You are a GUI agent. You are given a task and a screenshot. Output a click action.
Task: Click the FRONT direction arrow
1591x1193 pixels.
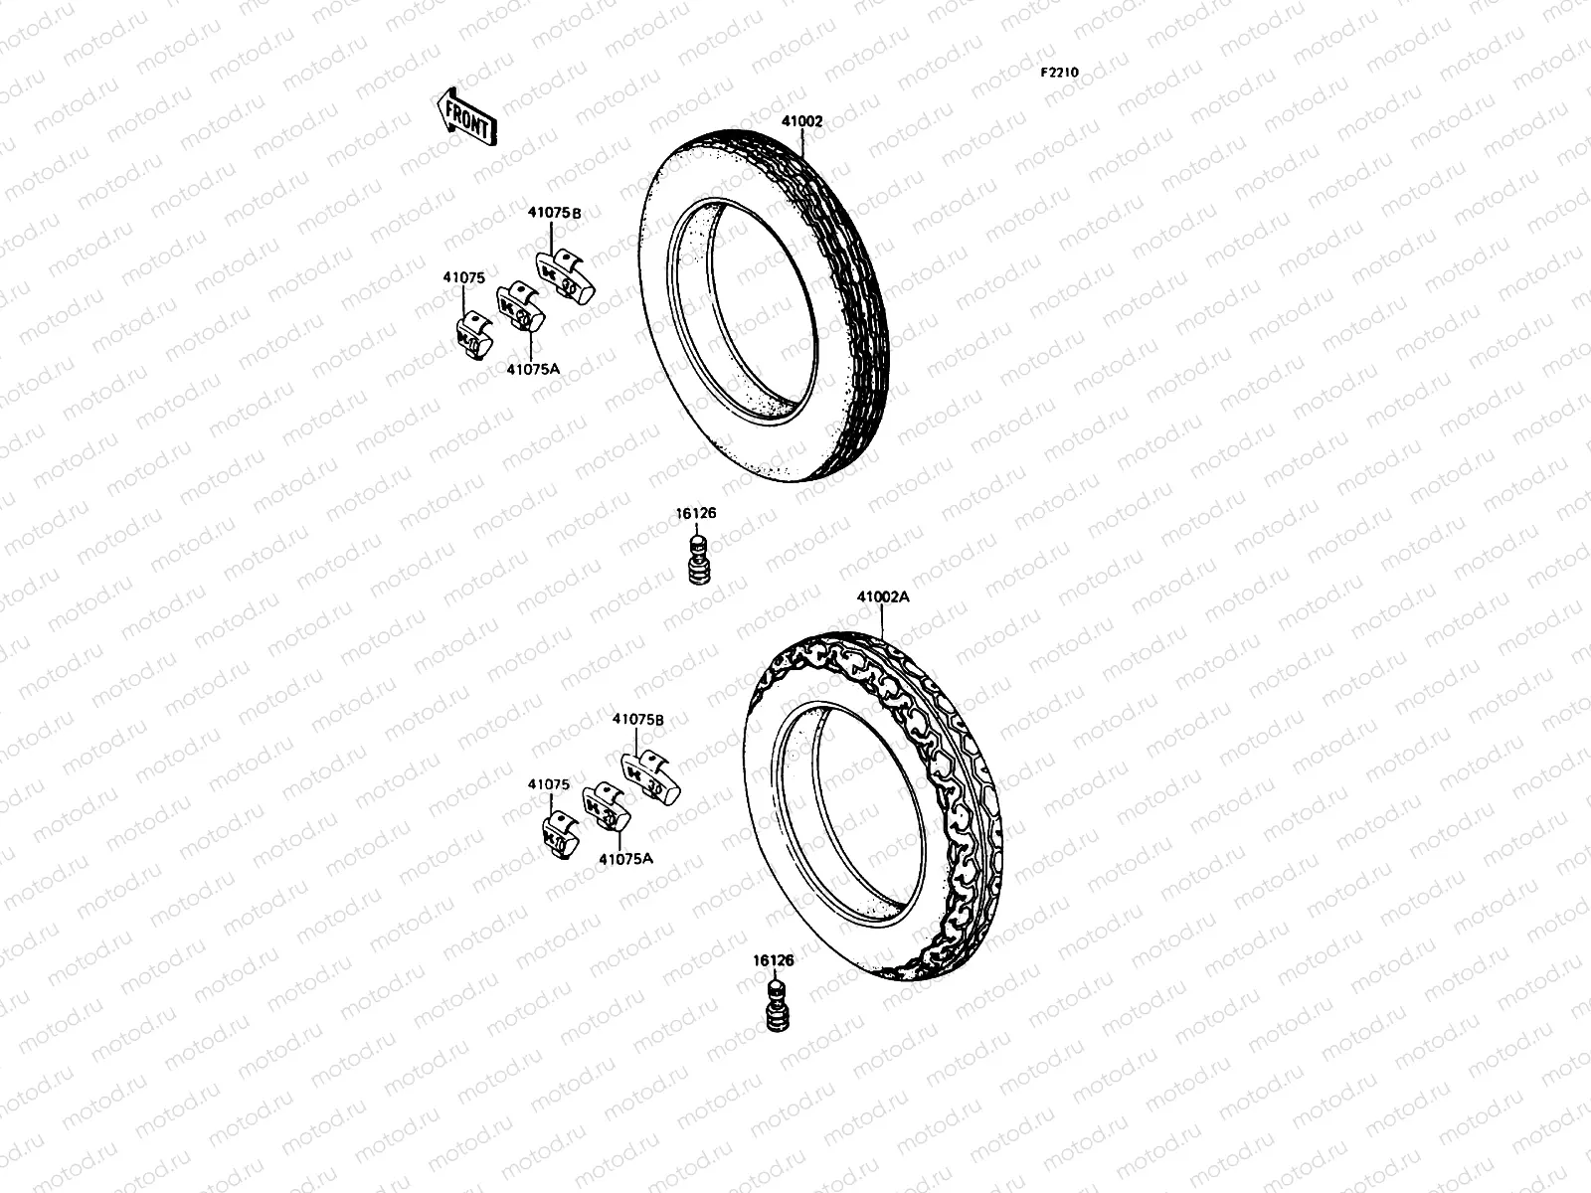pyautogui.click(x=464, y=116)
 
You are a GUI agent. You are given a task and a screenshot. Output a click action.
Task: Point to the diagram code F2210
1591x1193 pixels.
pyautogui.click(x=1059, y=73)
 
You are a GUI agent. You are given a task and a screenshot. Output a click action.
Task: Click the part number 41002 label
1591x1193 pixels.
pyautogui.click(x=801, y=121)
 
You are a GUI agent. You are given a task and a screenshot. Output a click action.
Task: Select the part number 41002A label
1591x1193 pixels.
pyautogui.click(x=883, y=597)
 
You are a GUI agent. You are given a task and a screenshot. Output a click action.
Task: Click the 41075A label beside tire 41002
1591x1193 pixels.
pyautogui.click(x=533, y=368)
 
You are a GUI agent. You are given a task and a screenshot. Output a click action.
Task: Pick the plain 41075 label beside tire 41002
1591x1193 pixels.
pyautogui.click(x=463, y=279)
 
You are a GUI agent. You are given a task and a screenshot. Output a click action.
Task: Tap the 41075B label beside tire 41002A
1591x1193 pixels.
pyautogui.click(x=637, y=718)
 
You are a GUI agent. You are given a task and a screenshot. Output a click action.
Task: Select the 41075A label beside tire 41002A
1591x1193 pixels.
pyautogui.click(x=626, y=857)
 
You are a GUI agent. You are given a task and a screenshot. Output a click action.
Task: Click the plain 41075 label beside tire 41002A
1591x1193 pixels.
pyautogui.click(x=549, y=783)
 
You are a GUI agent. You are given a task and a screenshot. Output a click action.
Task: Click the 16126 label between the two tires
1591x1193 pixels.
pyautogui.click(x=696, y=514)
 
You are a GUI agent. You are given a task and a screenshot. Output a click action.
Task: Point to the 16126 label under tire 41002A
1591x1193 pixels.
pyautogui.click(x=774, y=960)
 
